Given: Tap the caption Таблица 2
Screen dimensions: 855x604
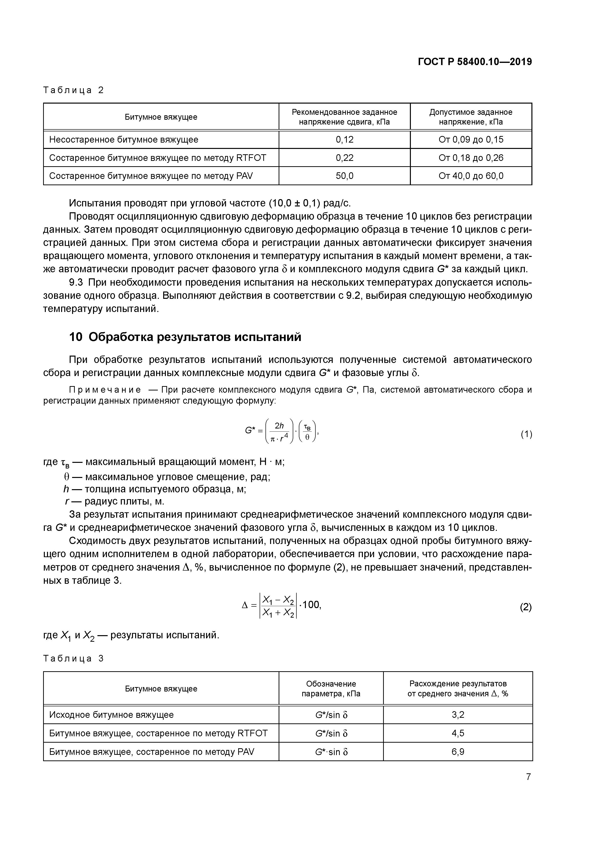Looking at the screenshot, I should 73,90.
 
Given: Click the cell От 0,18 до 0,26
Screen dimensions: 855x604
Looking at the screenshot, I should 471,158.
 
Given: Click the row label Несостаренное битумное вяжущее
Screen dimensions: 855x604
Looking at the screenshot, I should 123,140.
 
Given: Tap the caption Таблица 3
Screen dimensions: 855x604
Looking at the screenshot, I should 73,658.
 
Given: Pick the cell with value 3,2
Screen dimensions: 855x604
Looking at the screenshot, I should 458,715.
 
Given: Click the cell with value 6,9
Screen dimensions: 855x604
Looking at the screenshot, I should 458,751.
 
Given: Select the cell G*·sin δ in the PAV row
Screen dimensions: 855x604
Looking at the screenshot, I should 331,751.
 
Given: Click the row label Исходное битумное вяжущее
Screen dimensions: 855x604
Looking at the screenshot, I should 111,715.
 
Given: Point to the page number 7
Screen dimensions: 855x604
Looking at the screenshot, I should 528,777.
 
